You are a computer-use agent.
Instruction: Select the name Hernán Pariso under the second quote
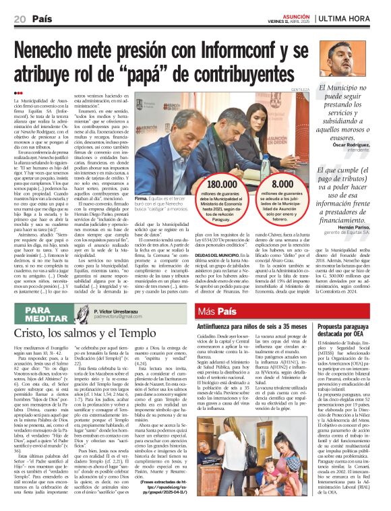point(358,228)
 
